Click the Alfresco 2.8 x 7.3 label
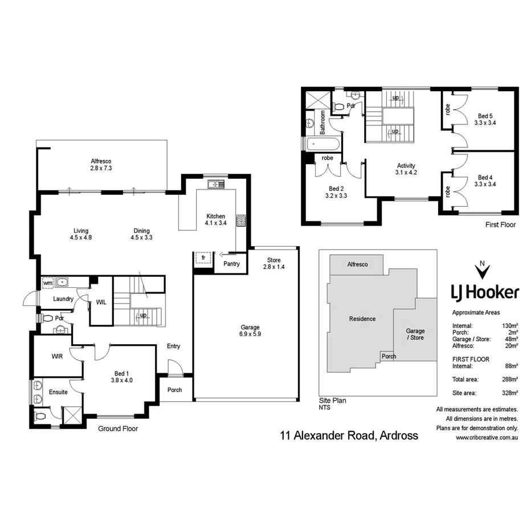click(102, 165)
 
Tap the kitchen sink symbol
click(216, 183)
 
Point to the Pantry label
click(231, 264)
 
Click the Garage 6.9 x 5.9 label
click(250, 331)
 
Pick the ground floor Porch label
click(174, 390)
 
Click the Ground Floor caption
click(118, 428)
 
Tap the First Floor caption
click(500, 224)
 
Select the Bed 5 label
click(485, 116)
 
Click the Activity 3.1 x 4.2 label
click(407, 169)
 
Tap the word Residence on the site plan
click(362, 318)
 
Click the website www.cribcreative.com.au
click(486, 438)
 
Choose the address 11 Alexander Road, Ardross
click(349, 436)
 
